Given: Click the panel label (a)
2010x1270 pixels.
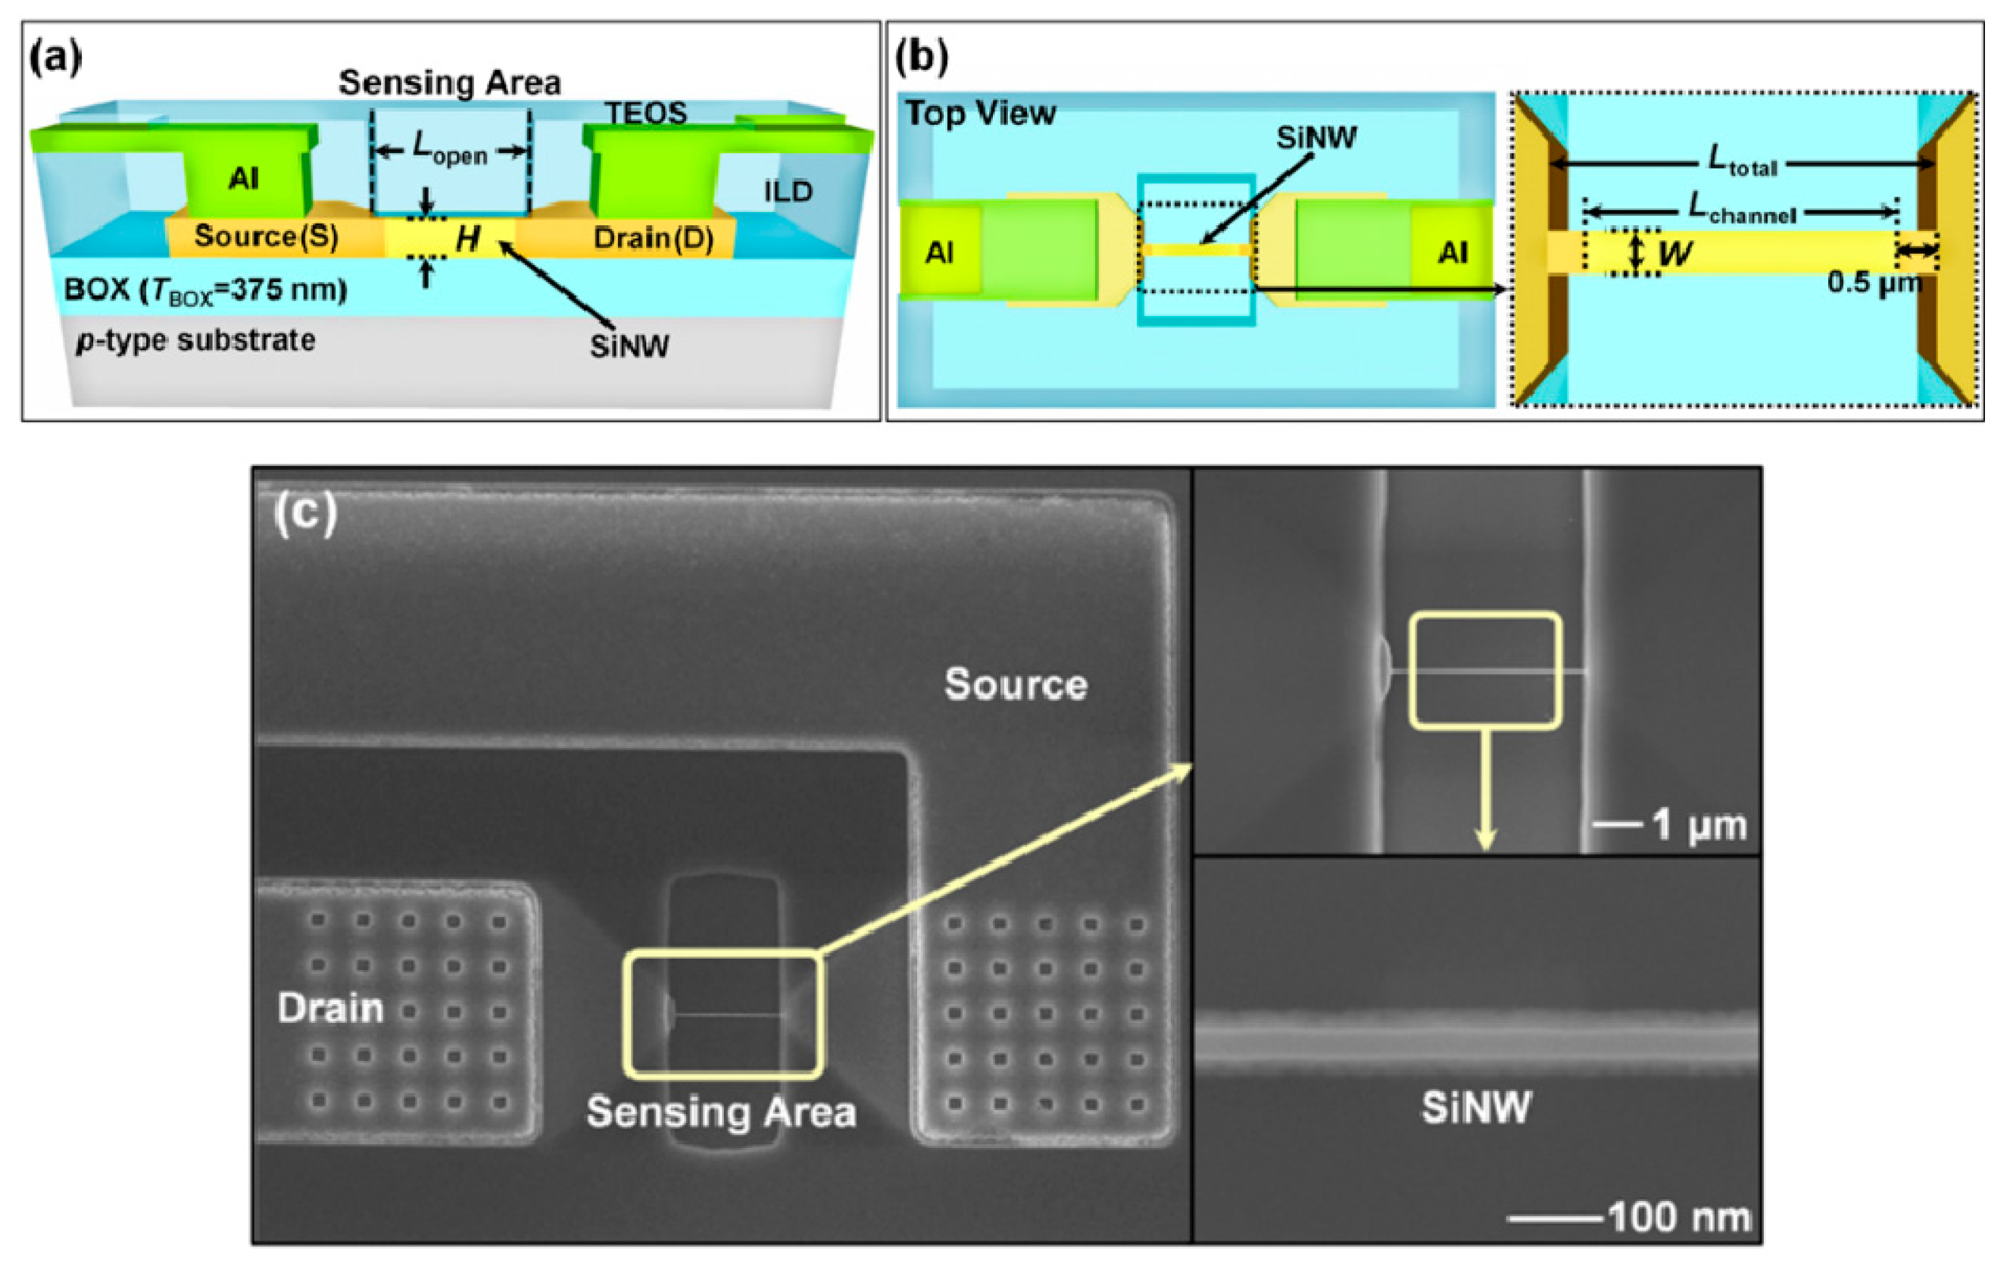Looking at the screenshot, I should (55, 58).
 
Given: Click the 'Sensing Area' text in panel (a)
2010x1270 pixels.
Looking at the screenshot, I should (449, 83).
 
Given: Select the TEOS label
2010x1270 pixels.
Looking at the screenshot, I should (645, 113).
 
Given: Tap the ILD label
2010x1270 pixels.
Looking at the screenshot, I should (788, 192).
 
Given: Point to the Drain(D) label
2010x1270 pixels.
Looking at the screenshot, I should (653, 239).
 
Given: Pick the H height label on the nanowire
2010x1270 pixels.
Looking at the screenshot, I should (467, 239).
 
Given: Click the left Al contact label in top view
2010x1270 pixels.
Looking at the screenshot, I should (939, 252).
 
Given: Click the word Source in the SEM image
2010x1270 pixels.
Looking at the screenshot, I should (1016, 685).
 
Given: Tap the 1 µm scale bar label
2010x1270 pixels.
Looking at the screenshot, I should (1699, 825).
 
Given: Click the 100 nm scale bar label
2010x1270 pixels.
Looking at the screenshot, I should (1678, 1218).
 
